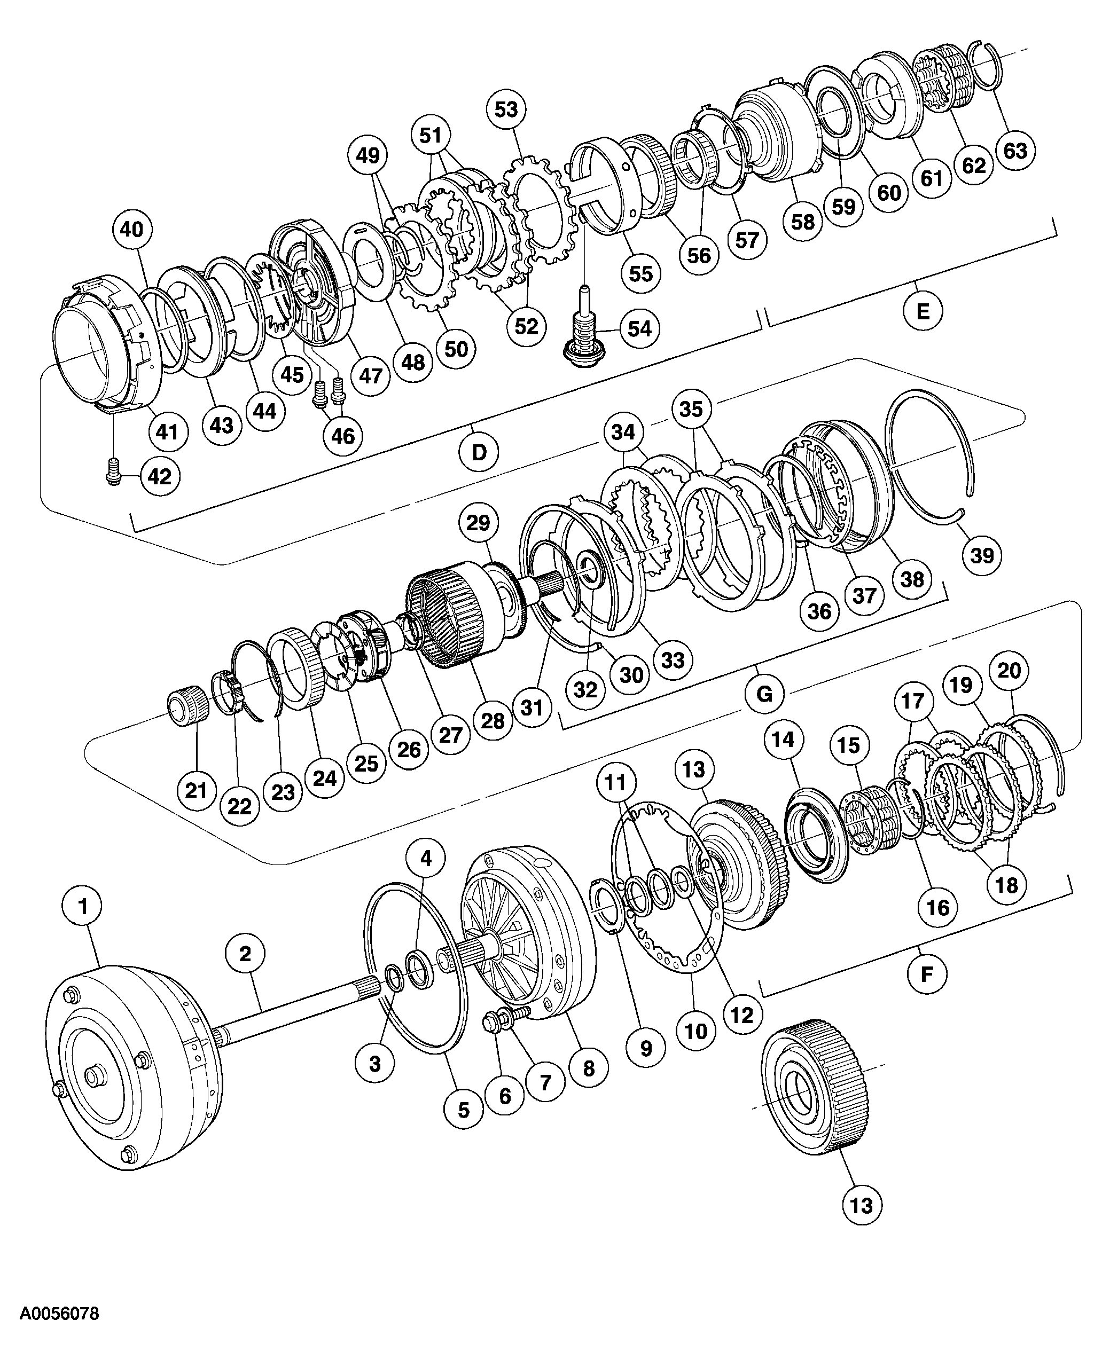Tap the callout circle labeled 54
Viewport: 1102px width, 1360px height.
(639, 329)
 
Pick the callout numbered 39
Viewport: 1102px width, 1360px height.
(982, 555)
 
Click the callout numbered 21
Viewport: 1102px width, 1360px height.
(196, 790)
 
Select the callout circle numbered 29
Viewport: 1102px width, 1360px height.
(478, 522)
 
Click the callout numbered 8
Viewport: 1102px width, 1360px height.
(589, 1068)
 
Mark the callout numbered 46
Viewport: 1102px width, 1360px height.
(343, 436)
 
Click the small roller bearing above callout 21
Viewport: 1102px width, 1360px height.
(184, 706)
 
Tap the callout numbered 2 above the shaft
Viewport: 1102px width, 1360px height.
(245, 953)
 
